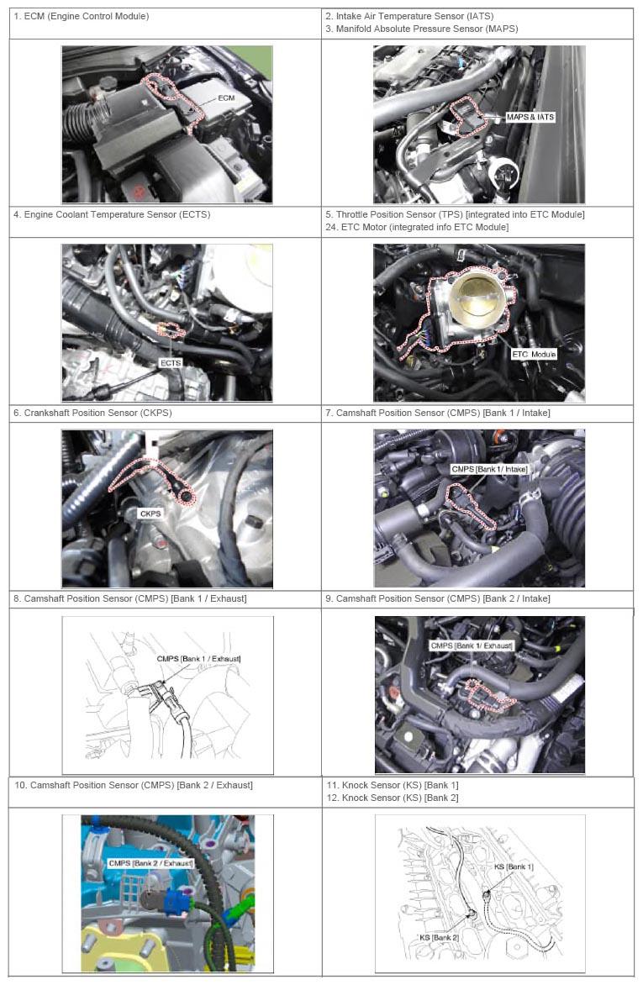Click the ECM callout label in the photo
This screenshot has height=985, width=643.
tap(226, 98)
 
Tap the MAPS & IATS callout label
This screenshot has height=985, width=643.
tap(530, 117)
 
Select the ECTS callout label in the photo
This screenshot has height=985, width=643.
tap(171, 363)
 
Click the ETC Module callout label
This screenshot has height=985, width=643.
tap(535, 355)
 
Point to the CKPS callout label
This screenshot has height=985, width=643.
tap(150, 514)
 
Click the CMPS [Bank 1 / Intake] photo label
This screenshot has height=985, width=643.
tap(490, 469)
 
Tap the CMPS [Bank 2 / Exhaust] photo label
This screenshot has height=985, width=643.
tap(150, 863)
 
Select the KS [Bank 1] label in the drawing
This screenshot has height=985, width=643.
tap(514, 866)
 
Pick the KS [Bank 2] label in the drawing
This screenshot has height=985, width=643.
tap(439, 937)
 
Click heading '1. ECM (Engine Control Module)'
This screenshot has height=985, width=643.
tap(82, 16)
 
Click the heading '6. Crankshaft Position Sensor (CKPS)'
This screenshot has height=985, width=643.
tap(92, 413)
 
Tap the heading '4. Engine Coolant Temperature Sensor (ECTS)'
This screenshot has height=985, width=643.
tap(112, 214)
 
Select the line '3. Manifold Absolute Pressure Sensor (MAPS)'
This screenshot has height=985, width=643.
tap(422, 29)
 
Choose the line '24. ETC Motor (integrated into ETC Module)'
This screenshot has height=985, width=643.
tap(418, 227)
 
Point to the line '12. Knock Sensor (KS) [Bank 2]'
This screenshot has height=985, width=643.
tap(393, 798)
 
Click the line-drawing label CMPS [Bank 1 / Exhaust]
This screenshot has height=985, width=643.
tap(198, 658)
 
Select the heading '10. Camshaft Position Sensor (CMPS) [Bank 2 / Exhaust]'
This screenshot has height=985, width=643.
tap(134, 785)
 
